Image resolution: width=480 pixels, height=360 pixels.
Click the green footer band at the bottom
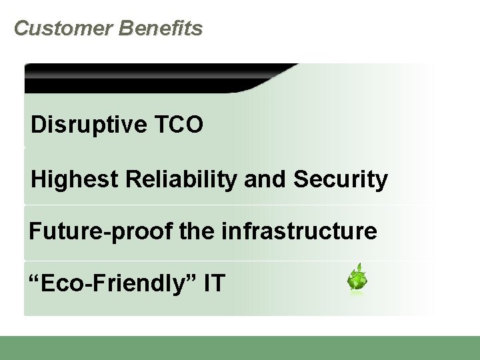[240, 348]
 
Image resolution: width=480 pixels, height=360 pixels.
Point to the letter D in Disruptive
[38, 125]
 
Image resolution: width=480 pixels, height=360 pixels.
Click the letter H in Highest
[39, 180]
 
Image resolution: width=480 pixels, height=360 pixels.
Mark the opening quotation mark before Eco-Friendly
[33, 278]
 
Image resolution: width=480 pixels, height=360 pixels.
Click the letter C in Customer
[21, 28]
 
